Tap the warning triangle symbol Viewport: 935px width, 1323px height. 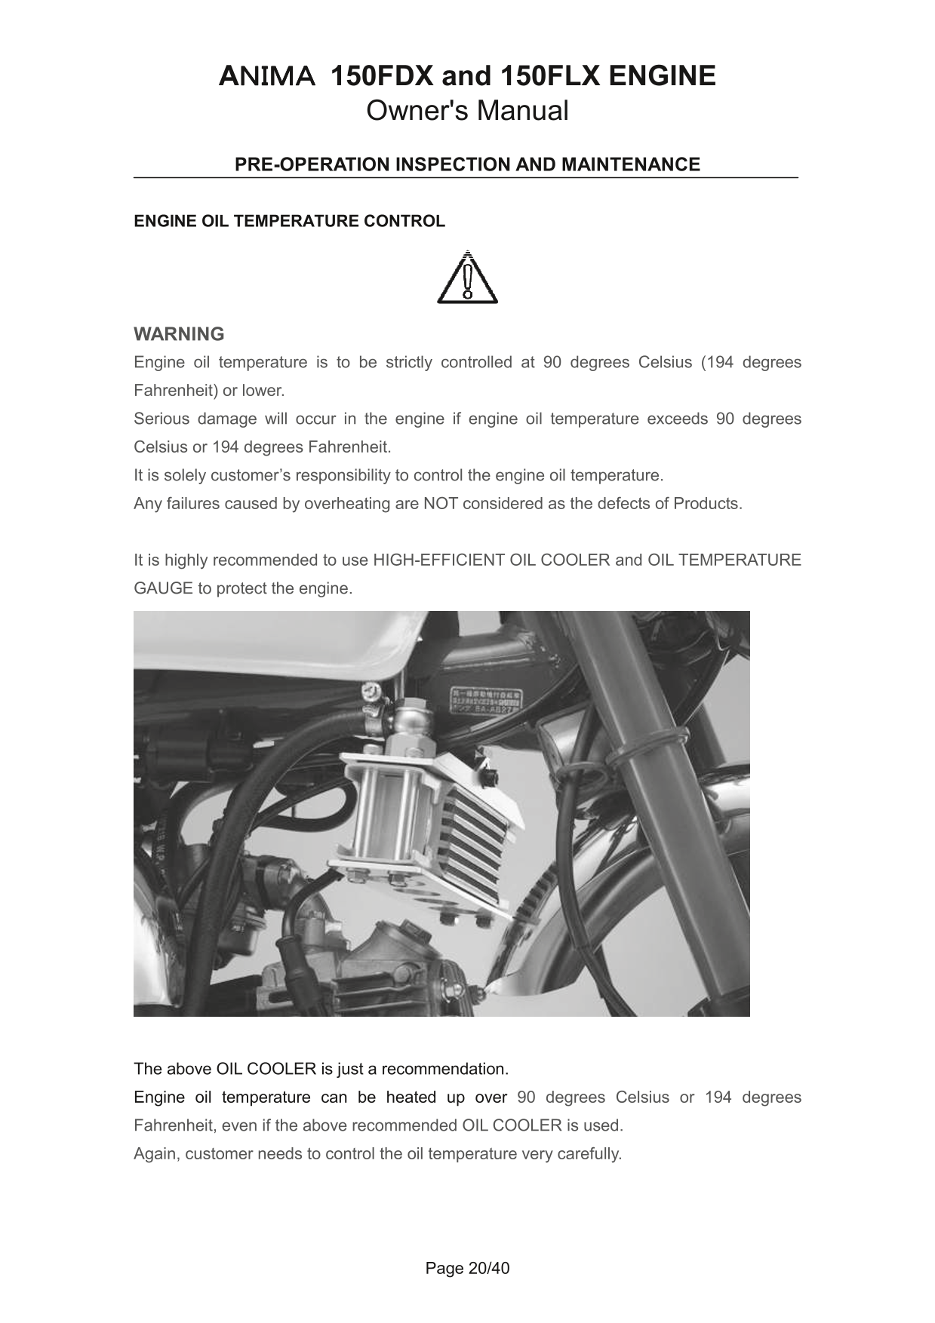467,278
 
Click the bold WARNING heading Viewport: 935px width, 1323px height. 179,333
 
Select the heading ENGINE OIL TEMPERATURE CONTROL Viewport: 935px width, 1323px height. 289,221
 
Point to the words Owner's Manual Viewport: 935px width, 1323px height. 467,111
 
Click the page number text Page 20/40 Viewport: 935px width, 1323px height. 467,1268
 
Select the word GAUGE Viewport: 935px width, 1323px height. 163,588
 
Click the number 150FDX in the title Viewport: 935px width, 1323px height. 382,76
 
